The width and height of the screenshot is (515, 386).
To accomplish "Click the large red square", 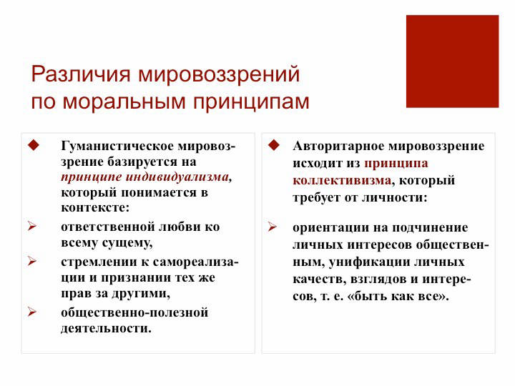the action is click(452, 61).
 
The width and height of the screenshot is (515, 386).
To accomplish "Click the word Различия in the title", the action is click(81, 75).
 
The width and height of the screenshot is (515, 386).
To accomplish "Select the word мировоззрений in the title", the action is click(219, 75).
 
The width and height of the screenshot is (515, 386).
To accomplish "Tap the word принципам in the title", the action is click(251, 102).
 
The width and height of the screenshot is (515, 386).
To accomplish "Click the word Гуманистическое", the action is click(117, 146).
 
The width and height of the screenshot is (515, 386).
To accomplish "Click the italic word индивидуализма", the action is click(177, 177).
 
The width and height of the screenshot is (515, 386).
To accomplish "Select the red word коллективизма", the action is click(342, 181).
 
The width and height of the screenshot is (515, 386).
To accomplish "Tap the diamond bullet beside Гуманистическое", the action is click(34, 145).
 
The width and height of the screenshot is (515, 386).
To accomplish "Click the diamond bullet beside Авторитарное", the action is click(273, 145).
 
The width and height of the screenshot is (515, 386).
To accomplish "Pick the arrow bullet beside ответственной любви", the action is click(32, 226).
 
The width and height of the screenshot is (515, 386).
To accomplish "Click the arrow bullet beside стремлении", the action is click(32, 261).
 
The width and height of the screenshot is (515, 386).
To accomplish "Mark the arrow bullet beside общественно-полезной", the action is click(32, 312).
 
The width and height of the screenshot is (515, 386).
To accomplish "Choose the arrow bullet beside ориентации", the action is click(273, 227).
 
